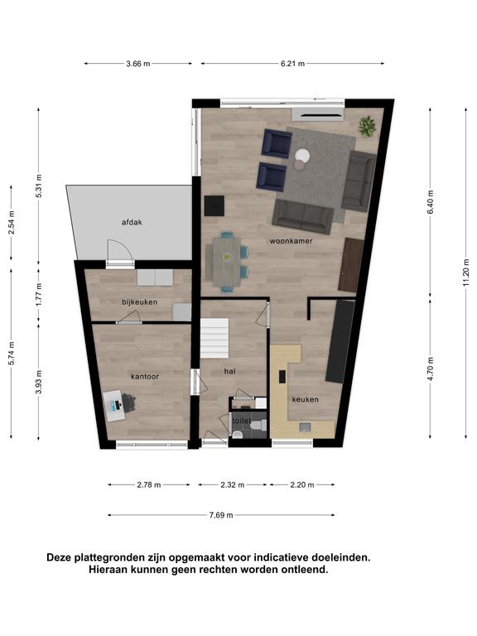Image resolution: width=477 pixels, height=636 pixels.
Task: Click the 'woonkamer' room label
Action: pyautogui.click(x=291, y=241)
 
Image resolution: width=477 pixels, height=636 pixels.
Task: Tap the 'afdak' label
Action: pyautogui.click(x=132, y=222)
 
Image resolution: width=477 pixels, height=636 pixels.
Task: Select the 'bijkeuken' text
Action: pyautogui.click(x=139, y=302)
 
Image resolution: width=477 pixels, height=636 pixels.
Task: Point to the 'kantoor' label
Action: pyautogui.click(x=145, y=377)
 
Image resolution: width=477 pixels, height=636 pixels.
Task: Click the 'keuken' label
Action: pyautogui.click(x=305, y=399)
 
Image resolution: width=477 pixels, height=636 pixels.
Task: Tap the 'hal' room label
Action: pyautogui.click(x=229, y=371)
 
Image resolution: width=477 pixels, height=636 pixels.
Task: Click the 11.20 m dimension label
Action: pyautogui.click(x=466, y=272)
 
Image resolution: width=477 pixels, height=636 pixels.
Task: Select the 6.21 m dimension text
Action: pyautogui.click(x=292, y=63)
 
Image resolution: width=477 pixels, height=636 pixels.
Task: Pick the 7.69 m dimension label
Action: pyautogui.click(x=221, y=515)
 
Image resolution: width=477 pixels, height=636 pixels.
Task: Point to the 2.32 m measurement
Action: pyautogui.click(x=233, y=484)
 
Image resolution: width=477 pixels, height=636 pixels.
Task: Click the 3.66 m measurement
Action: pyautogui.click(x=138, y=63)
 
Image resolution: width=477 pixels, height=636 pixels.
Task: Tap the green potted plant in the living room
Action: pyautogui.click(x=367, y=126)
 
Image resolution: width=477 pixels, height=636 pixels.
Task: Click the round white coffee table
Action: pyautogui.click(x=302, y=156)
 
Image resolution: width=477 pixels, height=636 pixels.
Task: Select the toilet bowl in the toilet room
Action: pyautogui.click(x=258, y=426)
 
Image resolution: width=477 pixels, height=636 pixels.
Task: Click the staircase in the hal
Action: pyautogui.click(x=214, y=338)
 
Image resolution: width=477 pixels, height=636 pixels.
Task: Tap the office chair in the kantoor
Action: pyautogui.click(x=128, y=402)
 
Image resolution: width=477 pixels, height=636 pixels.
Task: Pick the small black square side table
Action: pyautogui.click(x=214, y=205)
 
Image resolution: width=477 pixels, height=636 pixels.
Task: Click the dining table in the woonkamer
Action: pyautogui.click(x=226, y=261)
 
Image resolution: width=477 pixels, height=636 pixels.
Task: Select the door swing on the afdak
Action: pyautogui.click(x=120, y=251)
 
